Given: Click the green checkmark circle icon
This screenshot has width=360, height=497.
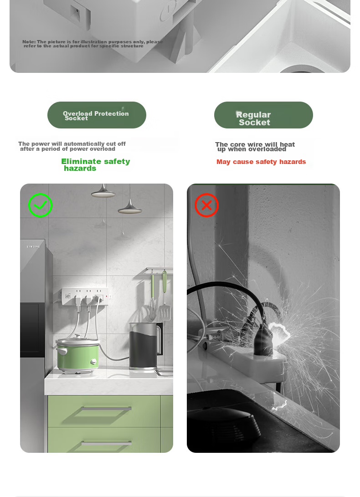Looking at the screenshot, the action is (x=40, y=205).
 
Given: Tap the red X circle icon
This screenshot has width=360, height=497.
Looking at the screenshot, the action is (x=206, y=205).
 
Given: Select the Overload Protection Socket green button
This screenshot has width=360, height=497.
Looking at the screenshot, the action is (x=97, y=115).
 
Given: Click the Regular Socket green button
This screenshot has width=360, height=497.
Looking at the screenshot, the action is (x=263, y=115).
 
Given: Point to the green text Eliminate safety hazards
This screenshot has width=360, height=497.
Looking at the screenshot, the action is (x=96, y=164).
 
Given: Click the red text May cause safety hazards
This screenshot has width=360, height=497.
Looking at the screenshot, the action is (x=261, y=162).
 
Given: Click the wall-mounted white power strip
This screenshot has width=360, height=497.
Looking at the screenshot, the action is (x=86, y=297).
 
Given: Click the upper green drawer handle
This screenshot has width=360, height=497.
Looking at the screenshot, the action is (x=106, y=409).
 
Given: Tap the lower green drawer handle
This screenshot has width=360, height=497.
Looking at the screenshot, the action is (x=106, y=443).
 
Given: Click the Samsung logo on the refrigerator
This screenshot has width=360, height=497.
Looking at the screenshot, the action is (x=33, y=246).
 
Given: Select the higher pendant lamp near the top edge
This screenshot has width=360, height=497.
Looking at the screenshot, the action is (x=103, y=191).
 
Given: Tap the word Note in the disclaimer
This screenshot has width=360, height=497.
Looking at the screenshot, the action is (x=29, y=41).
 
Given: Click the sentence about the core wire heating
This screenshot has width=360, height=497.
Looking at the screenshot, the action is (x=255, y=147).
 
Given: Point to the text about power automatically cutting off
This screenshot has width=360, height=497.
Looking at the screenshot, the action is (x=72, y=146).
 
